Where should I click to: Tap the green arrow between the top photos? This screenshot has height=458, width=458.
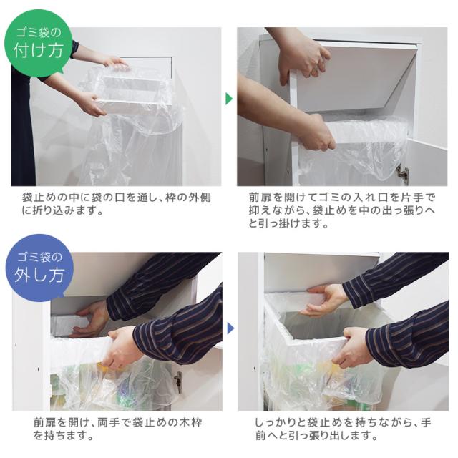(x=229, y=99)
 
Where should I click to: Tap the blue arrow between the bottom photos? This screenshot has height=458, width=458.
(x=230, y=328)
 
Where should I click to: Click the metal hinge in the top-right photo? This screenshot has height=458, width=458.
(x=402, y=172)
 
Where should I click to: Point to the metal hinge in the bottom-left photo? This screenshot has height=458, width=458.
(x=178, y=381)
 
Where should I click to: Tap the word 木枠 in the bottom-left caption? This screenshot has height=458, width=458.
(x=190, y=423)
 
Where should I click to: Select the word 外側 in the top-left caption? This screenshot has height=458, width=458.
(x=199, y=198)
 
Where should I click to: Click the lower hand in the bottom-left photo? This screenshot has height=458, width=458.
(x=122, y=346)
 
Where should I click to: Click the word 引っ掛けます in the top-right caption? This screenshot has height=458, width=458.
(x=293, y=224)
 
